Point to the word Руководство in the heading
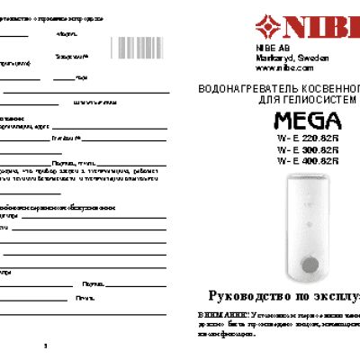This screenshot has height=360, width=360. click(249, 296)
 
